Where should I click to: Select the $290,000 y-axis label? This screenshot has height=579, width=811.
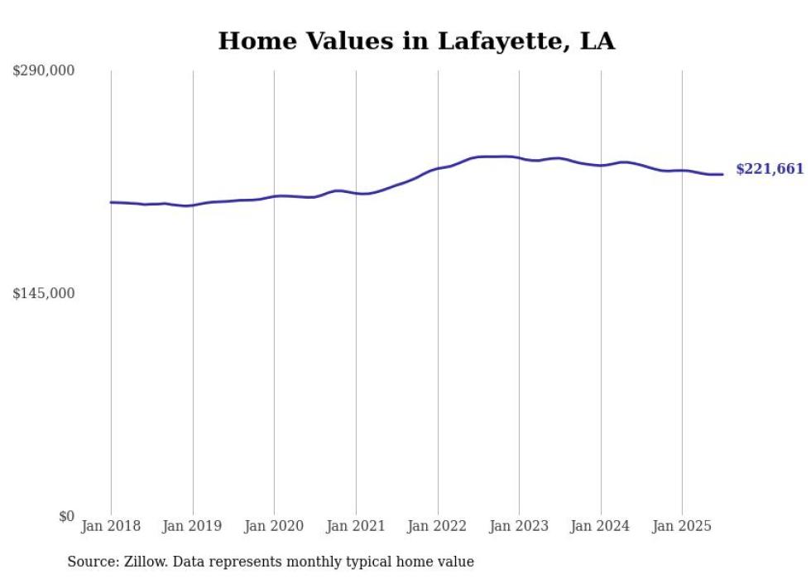click(x=43, y=71)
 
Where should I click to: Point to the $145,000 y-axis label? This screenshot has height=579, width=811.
click(x=43, y=293)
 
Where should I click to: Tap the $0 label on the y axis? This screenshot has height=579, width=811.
click(x=66, y=516)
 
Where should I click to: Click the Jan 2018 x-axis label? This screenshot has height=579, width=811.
click(x=111, y=526)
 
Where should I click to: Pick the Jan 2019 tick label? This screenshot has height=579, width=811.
click(x=193, y=526)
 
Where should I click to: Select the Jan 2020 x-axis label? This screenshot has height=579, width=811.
click(x=274, y=526)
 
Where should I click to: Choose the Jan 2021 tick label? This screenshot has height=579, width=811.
click(x=356, y=526)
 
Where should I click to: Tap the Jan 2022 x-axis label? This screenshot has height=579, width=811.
click(x=438, y=526)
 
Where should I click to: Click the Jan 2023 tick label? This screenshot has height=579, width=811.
click(x=519, y=526)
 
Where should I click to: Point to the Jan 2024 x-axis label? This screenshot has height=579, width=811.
click(x=601, y=526)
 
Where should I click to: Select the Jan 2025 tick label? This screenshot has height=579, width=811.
click(x=682, y=526)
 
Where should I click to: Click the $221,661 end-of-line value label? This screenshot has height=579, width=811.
click(x=770, y=169)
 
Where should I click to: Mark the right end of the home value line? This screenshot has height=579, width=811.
click(x=722, y=174)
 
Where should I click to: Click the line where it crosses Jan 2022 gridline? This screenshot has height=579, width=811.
click(x=438, y=168)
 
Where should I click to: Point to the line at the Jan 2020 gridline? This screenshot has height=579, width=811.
click(x=274, y=196)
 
